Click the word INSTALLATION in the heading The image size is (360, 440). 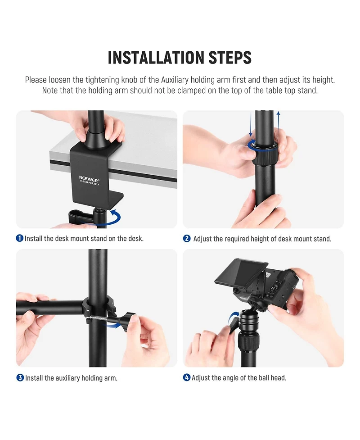pos(156,58)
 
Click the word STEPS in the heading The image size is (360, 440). pos(230,58)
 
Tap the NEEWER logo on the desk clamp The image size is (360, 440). pos(89,179)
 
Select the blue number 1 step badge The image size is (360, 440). pos(20,238)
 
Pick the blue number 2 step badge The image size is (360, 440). pos(187,239)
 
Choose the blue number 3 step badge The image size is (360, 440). pos(20,377)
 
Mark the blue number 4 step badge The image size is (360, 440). pos(187,377)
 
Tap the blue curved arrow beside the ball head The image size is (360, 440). pos(232,318)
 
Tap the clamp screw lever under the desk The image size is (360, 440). pos(81,216)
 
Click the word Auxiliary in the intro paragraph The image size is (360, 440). pos(175,80)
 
